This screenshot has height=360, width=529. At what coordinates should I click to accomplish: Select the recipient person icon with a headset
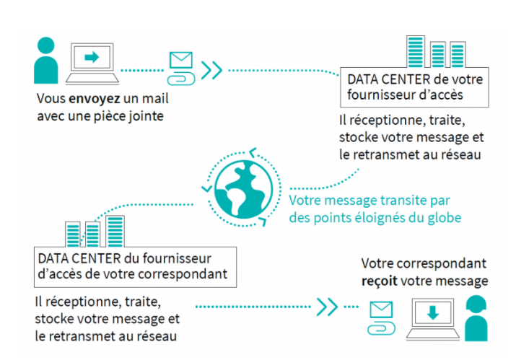[477, 317]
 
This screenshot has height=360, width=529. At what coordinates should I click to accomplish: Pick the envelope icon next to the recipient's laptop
[380, 311]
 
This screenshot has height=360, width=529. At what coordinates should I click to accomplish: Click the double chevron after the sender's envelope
[211, 70]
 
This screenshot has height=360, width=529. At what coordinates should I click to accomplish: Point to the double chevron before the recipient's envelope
[328, 307]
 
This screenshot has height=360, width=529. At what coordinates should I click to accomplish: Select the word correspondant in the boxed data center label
[189, 273]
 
